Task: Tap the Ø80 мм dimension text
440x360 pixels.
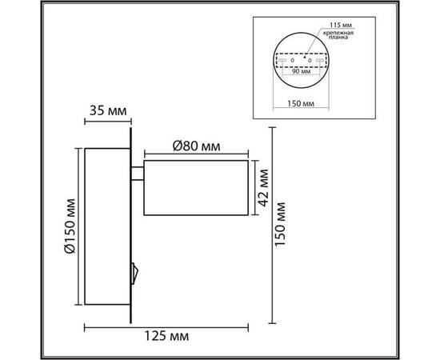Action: (196, 146)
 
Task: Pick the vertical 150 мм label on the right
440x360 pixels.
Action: (279, 226)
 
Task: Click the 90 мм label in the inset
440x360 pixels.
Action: (302, 70)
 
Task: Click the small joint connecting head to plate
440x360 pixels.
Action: (138, 172)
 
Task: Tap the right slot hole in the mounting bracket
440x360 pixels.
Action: (323, 61)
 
